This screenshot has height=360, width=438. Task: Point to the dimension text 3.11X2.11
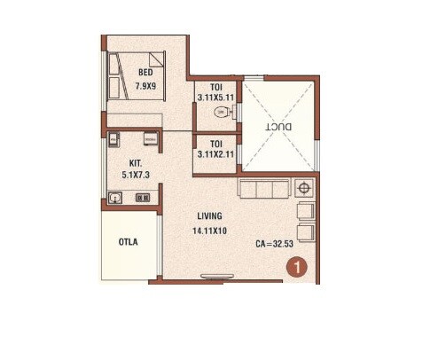tap(215, 153)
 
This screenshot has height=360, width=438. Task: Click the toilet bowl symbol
tap(229, 113)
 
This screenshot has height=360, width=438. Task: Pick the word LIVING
tap(210, 215)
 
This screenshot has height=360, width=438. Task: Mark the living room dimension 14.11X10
tap(210, 230)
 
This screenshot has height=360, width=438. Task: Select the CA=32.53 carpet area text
tap(275, 242)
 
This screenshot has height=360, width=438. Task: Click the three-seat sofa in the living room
tap(263, 190)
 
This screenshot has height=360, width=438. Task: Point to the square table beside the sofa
tap(305, 189)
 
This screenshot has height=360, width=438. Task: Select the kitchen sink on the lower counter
tap(116, 199)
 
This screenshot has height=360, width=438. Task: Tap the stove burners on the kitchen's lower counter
tap(140, 199)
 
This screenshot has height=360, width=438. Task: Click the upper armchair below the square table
tap(307, 210)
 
